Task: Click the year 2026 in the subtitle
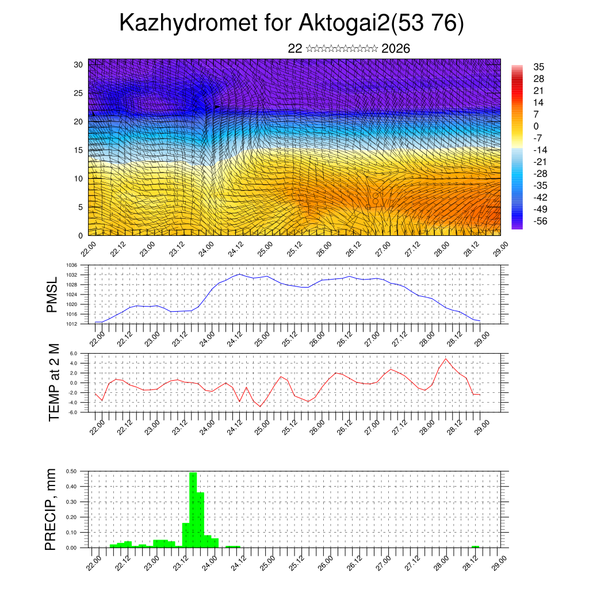[x=396, y=49]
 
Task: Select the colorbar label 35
[x=539, y=67]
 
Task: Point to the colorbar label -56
[x=540, y=221]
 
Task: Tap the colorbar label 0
[x=537, y=126]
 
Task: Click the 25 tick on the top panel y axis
[x=78, y=93]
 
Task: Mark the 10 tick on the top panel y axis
[x=78, y=178]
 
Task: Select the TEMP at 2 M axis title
[x=53, y=383]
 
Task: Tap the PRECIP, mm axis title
[x=52, y=509]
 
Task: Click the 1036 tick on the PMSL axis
[x=71, y=265]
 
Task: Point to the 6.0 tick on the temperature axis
[x=74, y=354]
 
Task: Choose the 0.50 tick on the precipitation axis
[x=71, y=471]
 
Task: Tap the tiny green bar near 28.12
[x=475, y=546]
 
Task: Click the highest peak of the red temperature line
[x=446, y=359]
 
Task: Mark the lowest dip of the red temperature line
[x=260, y=407]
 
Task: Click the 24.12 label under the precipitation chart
[x=236, y=563]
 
